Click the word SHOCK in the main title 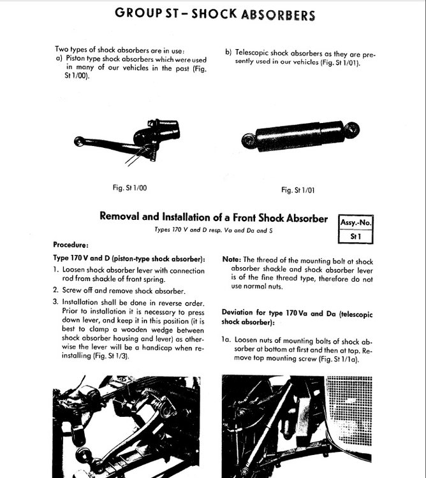click(214, 14)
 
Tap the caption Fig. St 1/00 click(129, 187)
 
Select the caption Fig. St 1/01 click(298, 190)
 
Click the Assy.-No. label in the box click(356, 222)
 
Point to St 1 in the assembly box click(356, 236)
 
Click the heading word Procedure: click(71, 245)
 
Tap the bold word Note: click(231, 259)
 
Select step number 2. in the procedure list click(55, 290)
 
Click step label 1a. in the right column click(226, 340)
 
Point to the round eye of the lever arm click(79, 141)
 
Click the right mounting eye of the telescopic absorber click(352, 129)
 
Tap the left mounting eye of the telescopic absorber click(249, 141)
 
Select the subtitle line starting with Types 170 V click(214, 230)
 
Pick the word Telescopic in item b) click(251, 53)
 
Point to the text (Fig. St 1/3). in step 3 click(111, 356)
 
